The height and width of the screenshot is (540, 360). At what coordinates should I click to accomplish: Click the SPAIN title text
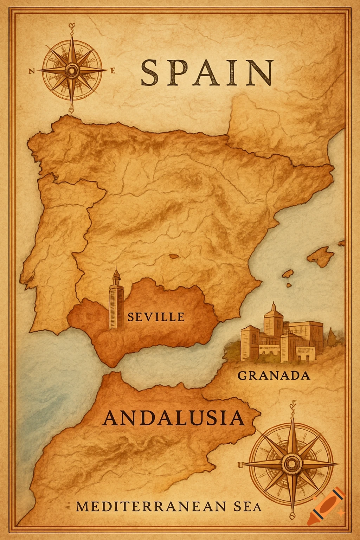coord(207,73)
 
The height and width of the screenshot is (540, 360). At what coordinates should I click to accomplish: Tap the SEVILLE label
coord(156,317)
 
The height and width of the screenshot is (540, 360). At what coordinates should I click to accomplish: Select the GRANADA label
coord(274,376)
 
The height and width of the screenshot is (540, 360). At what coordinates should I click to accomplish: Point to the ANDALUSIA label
coord(174,418)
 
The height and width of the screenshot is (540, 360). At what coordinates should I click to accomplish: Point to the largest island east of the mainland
coord(321,256)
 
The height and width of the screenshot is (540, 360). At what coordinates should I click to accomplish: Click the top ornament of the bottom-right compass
coord(291,407)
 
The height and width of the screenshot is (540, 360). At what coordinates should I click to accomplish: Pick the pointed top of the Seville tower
coord(116,269)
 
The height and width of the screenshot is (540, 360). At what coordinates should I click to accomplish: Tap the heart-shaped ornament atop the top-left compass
coord(72,26)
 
